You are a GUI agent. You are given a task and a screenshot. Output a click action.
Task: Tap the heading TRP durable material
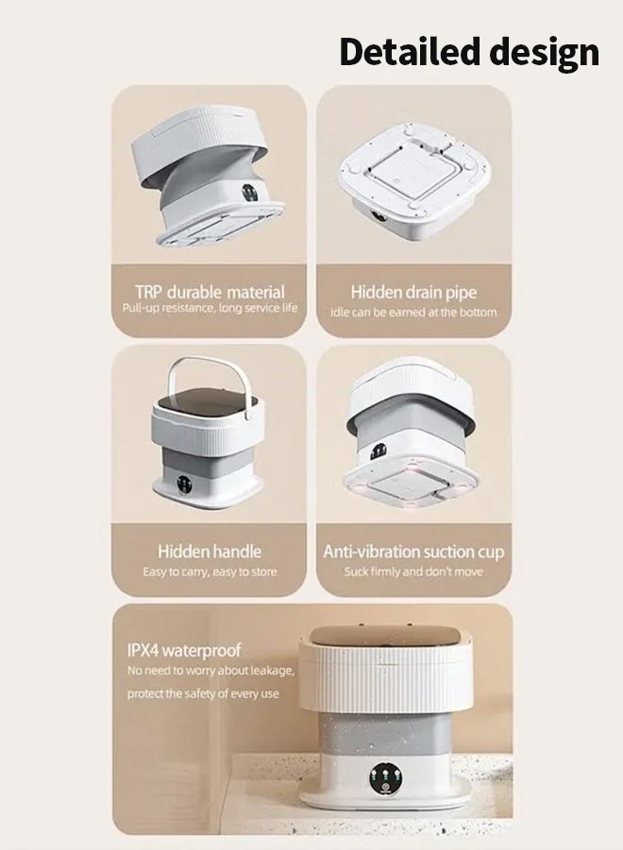(209, 292)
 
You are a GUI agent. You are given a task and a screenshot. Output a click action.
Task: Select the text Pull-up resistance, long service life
(209, 309)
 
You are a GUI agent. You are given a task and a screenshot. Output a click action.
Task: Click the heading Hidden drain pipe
(413, 292)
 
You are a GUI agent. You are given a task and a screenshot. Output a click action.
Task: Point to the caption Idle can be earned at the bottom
(413, 312)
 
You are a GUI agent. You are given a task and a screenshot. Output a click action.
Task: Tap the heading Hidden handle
(209, 551)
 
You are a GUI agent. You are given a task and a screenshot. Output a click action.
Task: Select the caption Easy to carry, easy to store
(209, 571)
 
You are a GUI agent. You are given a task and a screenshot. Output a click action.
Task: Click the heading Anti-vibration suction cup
(413, 551)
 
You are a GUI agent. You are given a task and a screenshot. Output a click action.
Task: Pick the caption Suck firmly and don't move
(413, 571)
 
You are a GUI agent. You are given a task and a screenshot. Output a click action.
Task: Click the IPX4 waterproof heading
(184, 651)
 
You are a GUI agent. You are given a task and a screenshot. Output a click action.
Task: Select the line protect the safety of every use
(204, 694)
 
